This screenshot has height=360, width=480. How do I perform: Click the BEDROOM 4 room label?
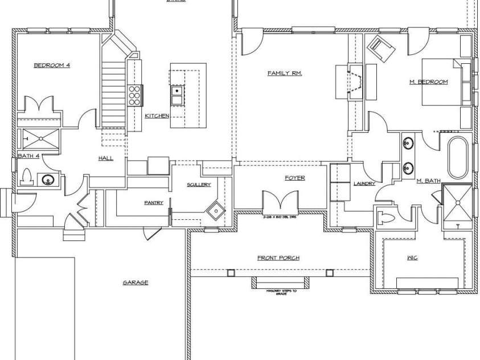52,66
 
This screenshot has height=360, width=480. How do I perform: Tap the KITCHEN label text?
157,116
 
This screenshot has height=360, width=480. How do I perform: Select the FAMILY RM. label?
284,73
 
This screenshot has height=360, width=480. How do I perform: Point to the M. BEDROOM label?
428,82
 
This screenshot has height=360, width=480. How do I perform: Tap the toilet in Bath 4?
26,178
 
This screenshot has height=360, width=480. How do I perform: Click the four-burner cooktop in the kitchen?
135,95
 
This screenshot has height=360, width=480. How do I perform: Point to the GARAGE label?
136,282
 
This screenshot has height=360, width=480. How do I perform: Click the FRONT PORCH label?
278,258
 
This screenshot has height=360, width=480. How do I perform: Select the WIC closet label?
413,258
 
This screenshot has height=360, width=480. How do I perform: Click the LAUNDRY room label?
363,184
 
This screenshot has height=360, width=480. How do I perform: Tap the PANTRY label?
154,202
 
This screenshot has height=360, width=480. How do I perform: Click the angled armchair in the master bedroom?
381,47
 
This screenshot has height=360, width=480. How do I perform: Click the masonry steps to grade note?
279,292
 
